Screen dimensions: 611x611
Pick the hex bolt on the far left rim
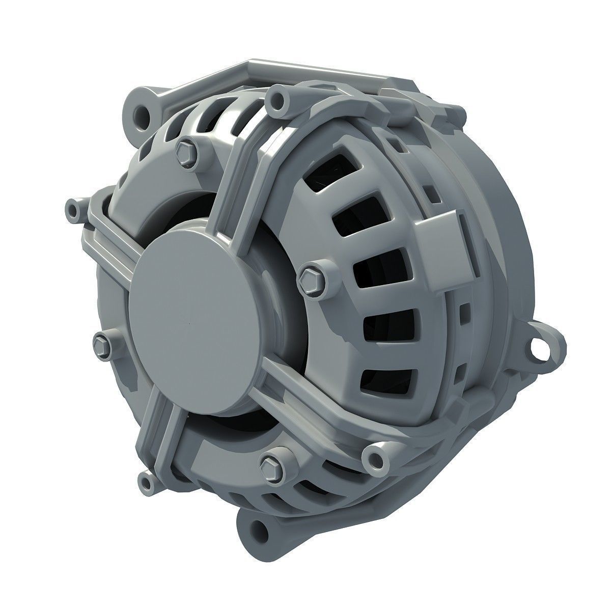102,345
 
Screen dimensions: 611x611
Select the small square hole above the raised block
429,192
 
